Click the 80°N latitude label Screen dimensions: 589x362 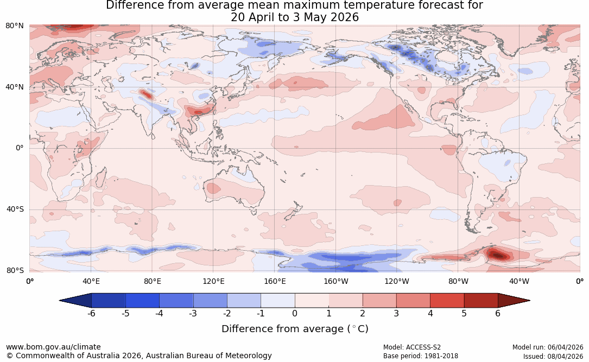coord(14,26)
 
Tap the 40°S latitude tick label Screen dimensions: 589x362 coord(15,209)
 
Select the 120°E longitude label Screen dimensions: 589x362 coord(213,281)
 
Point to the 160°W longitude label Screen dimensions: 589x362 coord(336,281)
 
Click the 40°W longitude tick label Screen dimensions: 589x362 coord(519,281)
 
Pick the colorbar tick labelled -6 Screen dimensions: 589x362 coord(91,313)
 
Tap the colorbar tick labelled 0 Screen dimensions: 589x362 coord(295,313)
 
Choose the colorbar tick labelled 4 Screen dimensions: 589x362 coord(430,313)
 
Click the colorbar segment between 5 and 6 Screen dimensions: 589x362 coord(481,301)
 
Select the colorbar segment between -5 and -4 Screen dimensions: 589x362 coord(142,301)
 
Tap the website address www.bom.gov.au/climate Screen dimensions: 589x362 coord(53,347)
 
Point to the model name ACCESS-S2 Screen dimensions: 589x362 coord(423,347)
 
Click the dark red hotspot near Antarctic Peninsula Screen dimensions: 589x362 coord(498,255)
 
